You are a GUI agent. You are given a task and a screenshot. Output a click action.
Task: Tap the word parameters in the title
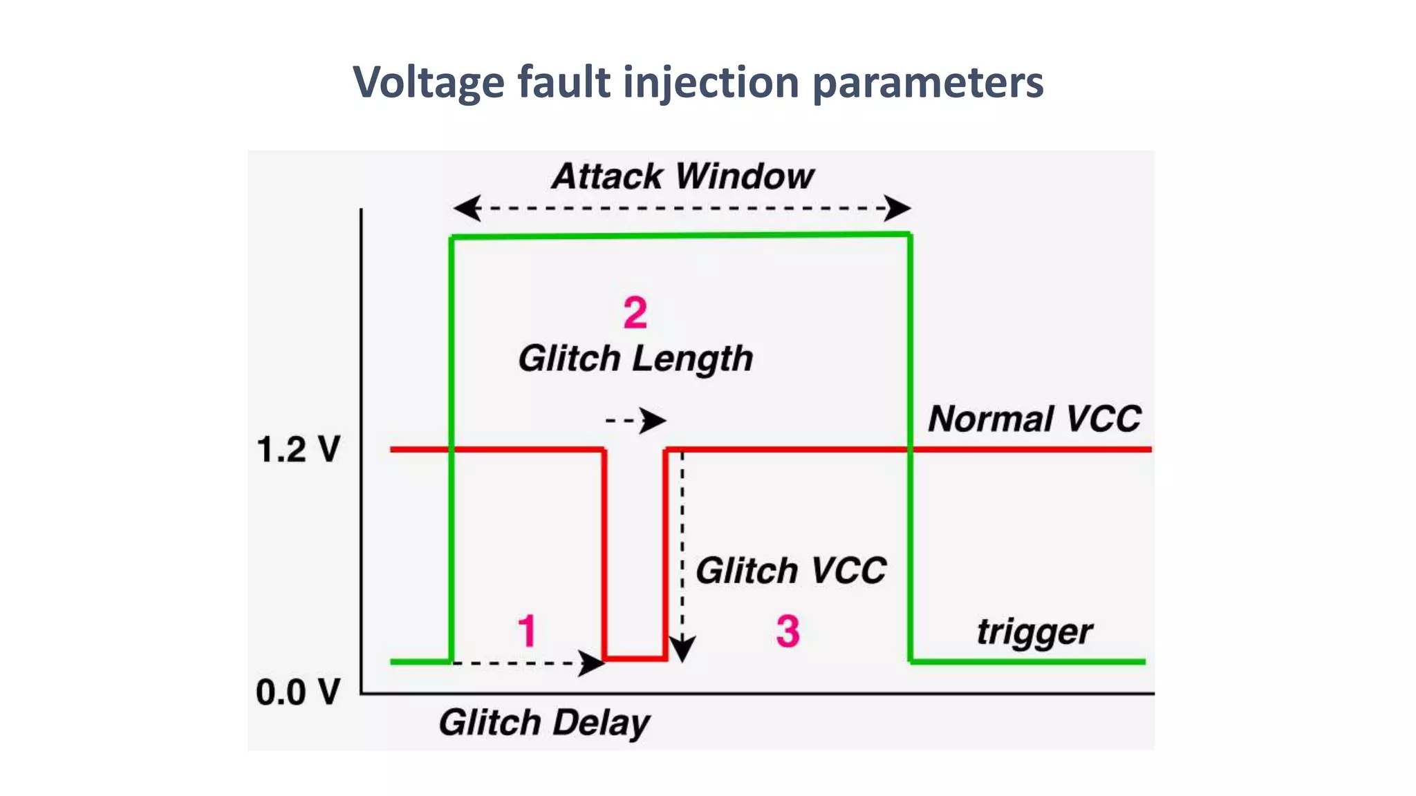tap(928, 83)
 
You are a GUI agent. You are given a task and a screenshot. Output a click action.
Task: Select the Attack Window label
tap(682, 176)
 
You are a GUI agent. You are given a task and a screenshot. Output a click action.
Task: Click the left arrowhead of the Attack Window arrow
tap(467, 208)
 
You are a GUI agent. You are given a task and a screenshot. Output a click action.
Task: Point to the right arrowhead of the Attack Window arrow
tap(898, 208)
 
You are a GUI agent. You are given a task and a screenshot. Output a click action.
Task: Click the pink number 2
tap(635, 313)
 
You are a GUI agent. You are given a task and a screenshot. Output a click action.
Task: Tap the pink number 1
tap(527, 631)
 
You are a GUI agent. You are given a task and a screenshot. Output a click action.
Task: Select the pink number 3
tap(788, 631)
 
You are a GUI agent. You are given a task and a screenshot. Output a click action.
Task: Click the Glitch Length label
tap(635, 359)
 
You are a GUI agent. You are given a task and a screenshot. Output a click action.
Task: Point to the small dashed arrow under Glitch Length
tap(635, 420)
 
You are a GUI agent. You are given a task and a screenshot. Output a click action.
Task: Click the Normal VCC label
tap(1034, 419)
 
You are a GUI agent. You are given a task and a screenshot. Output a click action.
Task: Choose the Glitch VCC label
tap(790, 571)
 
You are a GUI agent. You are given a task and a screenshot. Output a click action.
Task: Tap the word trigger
tap(1034, 632)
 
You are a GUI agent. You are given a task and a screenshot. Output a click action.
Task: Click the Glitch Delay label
tap(544, 723)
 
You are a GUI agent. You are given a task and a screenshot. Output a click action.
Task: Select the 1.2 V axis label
tap(298, 450)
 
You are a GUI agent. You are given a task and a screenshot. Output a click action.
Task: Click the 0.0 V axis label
tap(298, 692)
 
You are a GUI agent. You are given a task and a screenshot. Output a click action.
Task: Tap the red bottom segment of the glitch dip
tap(635, 658)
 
